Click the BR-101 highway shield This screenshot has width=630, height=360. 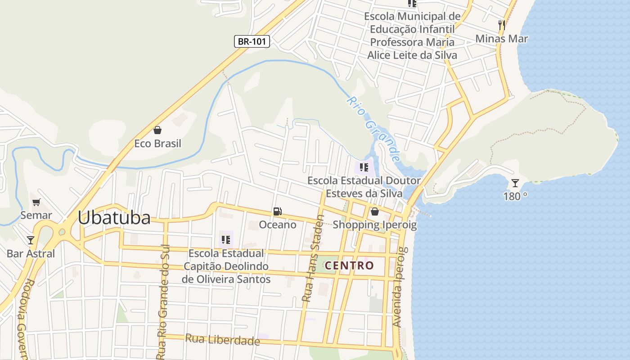252,41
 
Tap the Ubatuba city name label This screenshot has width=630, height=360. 114,218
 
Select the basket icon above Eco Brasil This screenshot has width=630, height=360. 157,130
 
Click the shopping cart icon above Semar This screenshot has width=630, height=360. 36,202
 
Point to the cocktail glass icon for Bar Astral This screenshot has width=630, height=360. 31,240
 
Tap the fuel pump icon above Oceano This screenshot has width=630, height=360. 278,211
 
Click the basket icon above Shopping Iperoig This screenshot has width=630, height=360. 374,211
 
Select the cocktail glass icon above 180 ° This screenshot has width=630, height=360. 515,183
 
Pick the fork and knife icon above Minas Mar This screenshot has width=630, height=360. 502,25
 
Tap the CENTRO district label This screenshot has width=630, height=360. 349,265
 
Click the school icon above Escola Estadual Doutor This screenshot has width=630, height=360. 364,168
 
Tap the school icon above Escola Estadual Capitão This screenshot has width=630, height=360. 226,240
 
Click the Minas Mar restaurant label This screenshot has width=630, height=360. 502,39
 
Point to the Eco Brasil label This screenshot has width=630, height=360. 157,144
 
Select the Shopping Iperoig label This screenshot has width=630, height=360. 374,225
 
